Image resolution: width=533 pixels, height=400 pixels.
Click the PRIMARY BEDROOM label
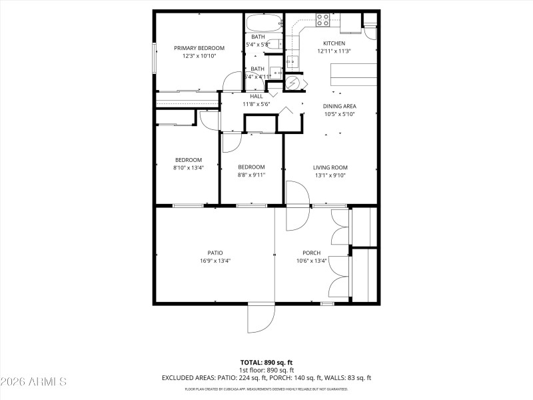coord(199,48)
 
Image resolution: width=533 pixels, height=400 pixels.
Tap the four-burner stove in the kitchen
coord(323,21)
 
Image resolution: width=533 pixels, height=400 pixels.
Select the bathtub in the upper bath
coord(265,23)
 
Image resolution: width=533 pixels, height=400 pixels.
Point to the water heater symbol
coord(293,83)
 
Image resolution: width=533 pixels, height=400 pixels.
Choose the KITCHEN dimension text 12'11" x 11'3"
coord(334,51)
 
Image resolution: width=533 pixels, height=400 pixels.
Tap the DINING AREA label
coord(339,106)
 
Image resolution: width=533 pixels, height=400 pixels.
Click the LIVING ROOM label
coord(330,167)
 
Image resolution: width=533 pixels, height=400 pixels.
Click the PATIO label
coord(215,253)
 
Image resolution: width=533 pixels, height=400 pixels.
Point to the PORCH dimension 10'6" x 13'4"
coord(311,261)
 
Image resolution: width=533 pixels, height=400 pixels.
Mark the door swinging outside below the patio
coord(260,319)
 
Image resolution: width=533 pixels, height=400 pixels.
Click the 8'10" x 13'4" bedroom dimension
coord(189,168)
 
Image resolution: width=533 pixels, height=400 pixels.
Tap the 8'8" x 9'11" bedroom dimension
coord(251,175)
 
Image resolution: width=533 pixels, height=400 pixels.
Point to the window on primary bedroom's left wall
coord(154,58)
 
